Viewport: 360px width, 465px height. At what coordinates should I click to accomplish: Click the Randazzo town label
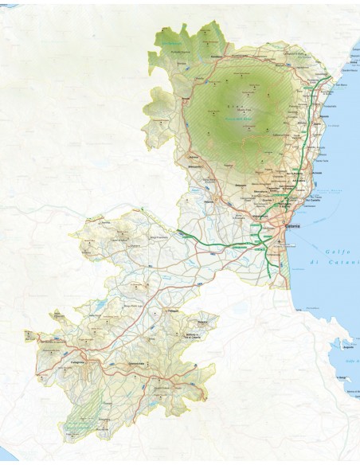click(x=216, y=57)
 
